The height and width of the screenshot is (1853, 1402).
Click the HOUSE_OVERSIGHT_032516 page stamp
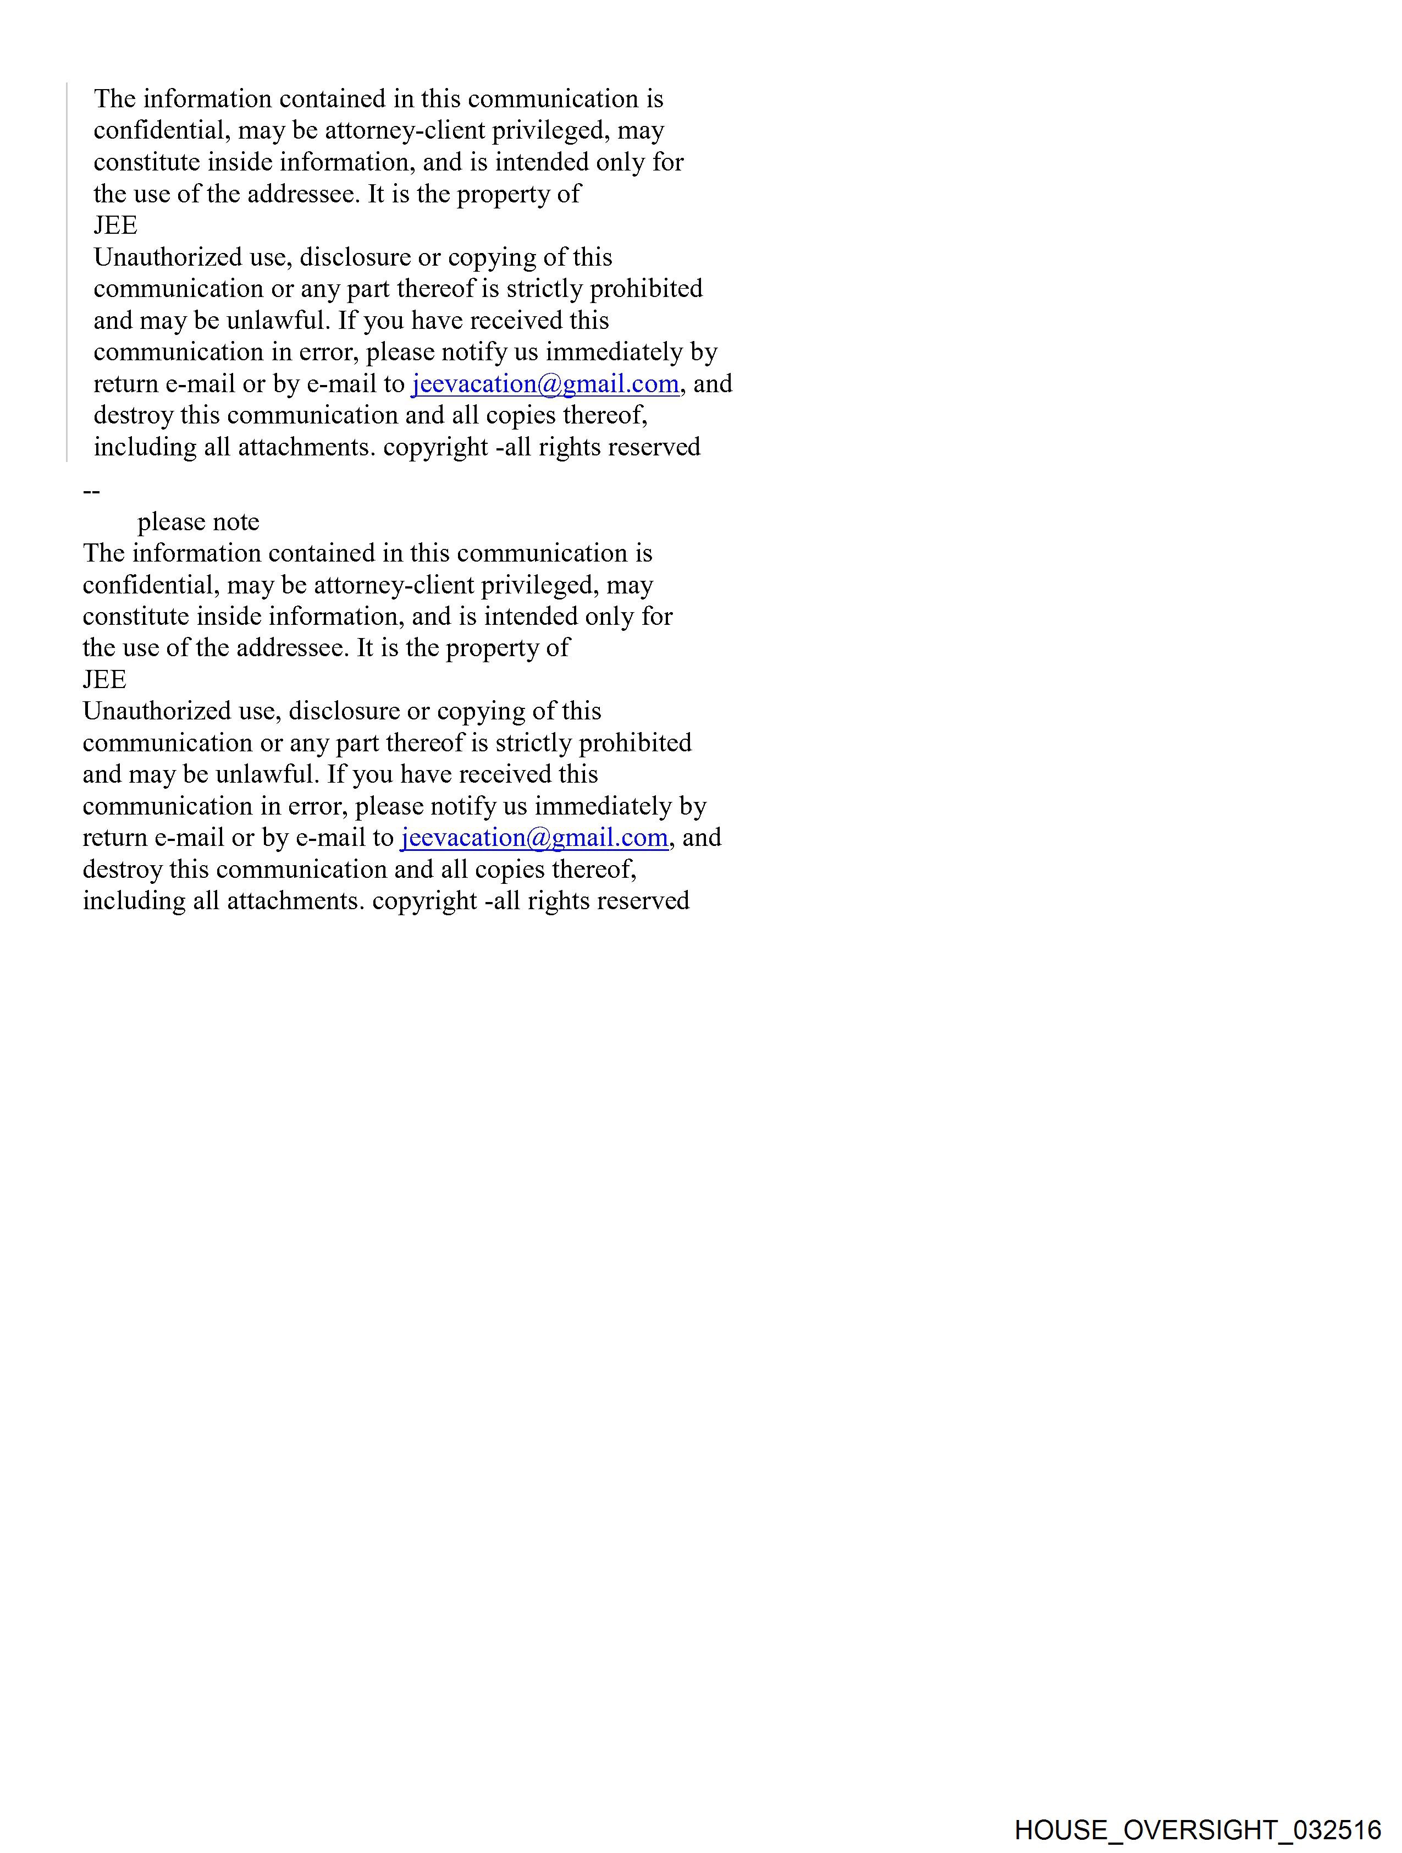click(x=1197, y=1829)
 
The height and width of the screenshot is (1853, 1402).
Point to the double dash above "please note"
click(x=91, y=491)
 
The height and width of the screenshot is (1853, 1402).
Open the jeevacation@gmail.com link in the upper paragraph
click(x=544, y=384)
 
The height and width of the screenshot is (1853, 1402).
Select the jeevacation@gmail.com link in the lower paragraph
click(x=533, y=838)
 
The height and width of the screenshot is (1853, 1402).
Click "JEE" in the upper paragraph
click(x=115, y=226)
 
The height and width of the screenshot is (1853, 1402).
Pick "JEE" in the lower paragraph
click(x=104, y=679)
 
